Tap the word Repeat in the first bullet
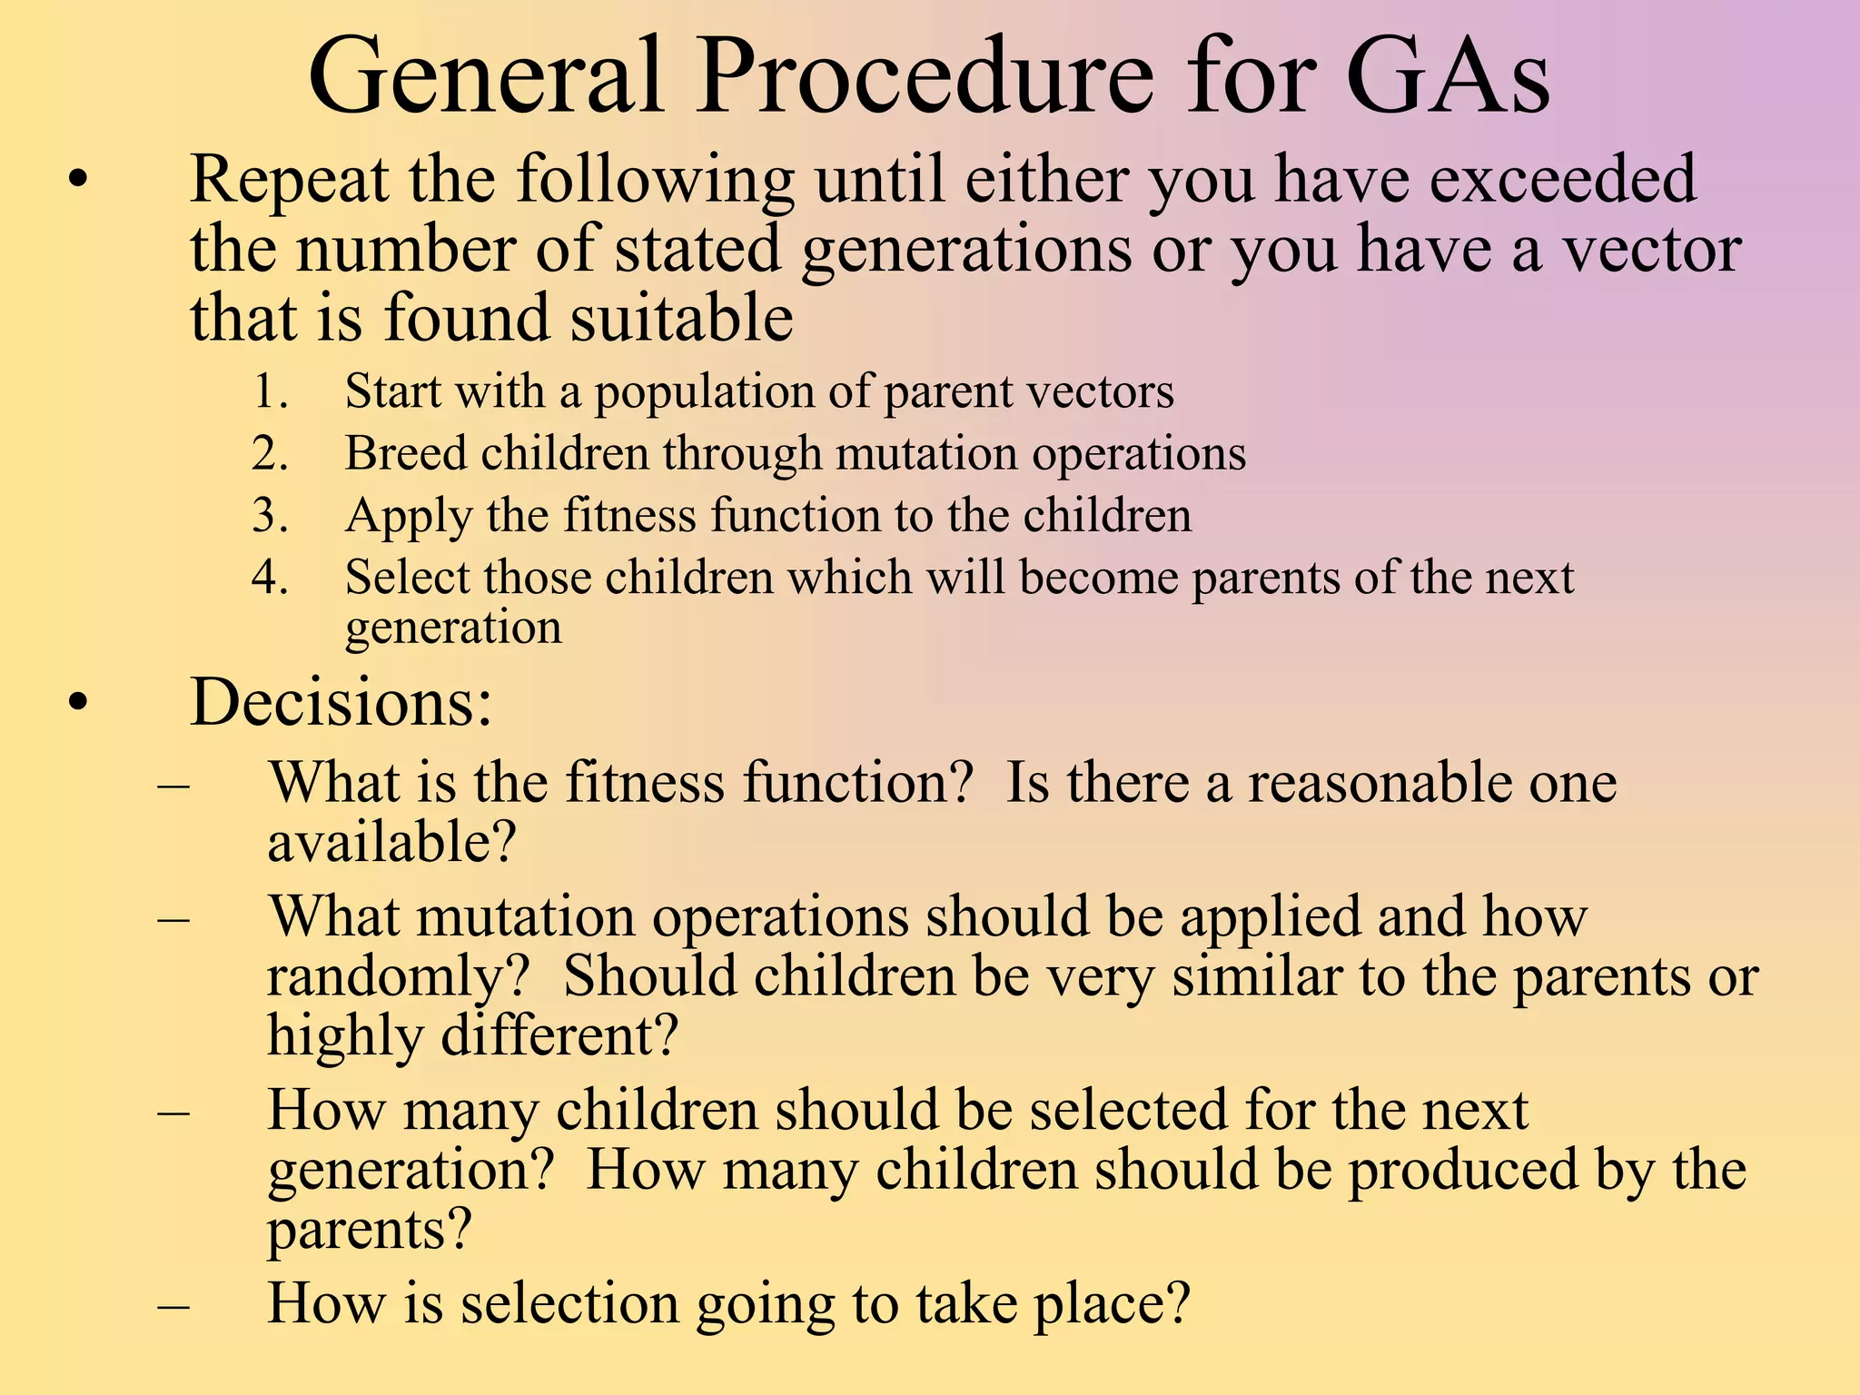coord(290,181)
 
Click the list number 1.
coord(269,392)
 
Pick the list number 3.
coord(269,516)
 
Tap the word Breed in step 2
coord(406,453)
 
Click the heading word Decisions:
coord(341,702)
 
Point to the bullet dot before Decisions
coord(79,704)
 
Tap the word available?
coord(391,843)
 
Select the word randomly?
coord(398,977)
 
